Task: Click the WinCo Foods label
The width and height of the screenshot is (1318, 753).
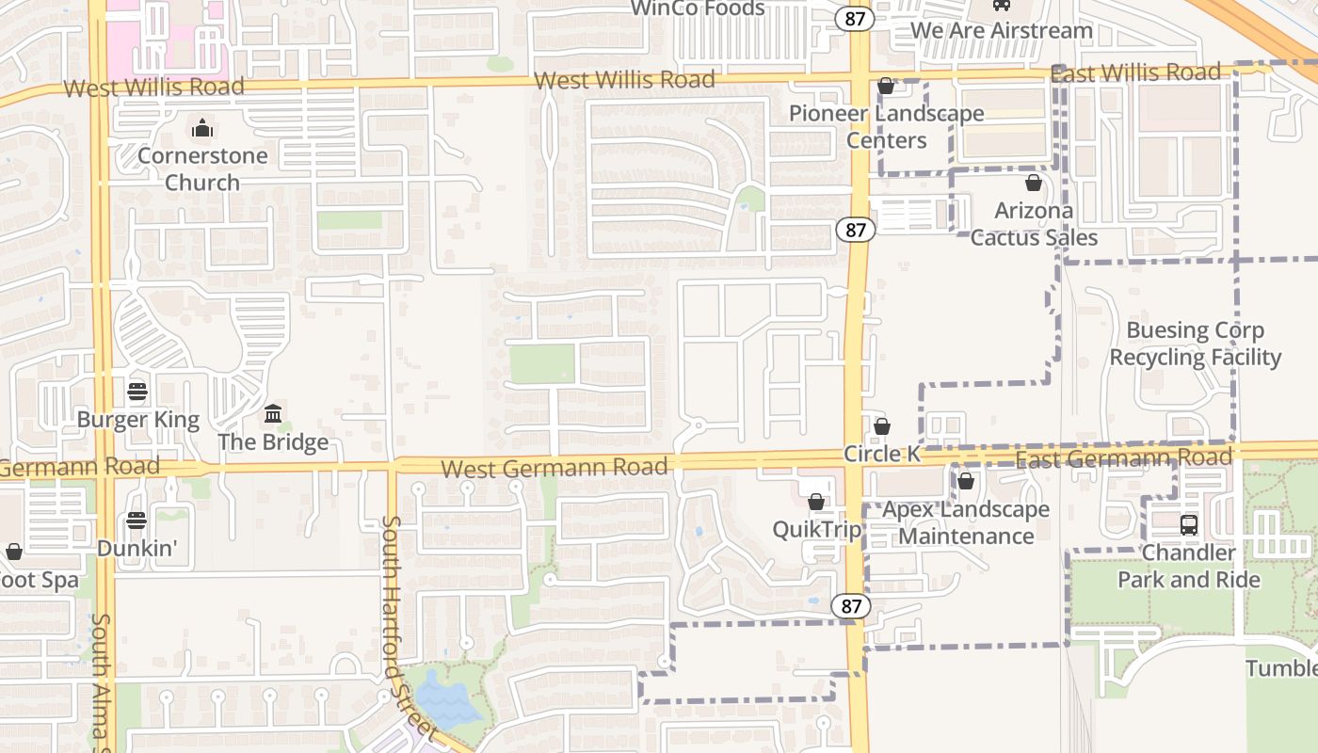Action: [x=698, y=8]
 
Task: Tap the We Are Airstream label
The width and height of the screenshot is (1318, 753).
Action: [x=1002, y=30]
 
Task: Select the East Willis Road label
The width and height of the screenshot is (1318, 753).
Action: [x=1135, y=73]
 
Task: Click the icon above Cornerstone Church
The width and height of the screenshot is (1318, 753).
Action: [x=201, y=128]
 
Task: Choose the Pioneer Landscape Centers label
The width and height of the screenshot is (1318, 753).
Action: [x=886, y=126]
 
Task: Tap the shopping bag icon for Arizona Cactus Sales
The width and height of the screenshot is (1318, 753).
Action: [x=1034, y=183]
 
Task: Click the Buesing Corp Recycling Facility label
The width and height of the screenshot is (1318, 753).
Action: [x=1195, y=344]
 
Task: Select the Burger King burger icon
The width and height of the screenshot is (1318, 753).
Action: [x=137, y=391]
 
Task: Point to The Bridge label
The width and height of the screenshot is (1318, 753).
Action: [x=273, y=441]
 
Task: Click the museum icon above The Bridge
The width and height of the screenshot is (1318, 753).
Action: [x=273, y=413]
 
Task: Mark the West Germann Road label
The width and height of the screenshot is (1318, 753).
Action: [x=555, y=467]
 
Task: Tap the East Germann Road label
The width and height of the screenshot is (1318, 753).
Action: [x=1124, y=458]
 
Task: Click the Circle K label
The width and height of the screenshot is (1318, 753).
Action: [x=881, y=453]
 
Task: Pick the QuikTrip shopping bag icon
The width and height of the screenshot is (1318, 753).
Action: [x=816, y=502]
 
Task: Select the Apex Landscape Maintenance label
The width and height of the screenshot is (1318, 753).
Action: [x=966, y=522]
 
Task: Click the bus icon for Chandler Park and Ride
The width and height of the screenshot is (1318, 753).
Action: [x=1188, y=524]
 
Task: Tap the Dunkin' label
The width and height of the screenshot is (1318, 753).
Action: [x=137, y=546]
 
